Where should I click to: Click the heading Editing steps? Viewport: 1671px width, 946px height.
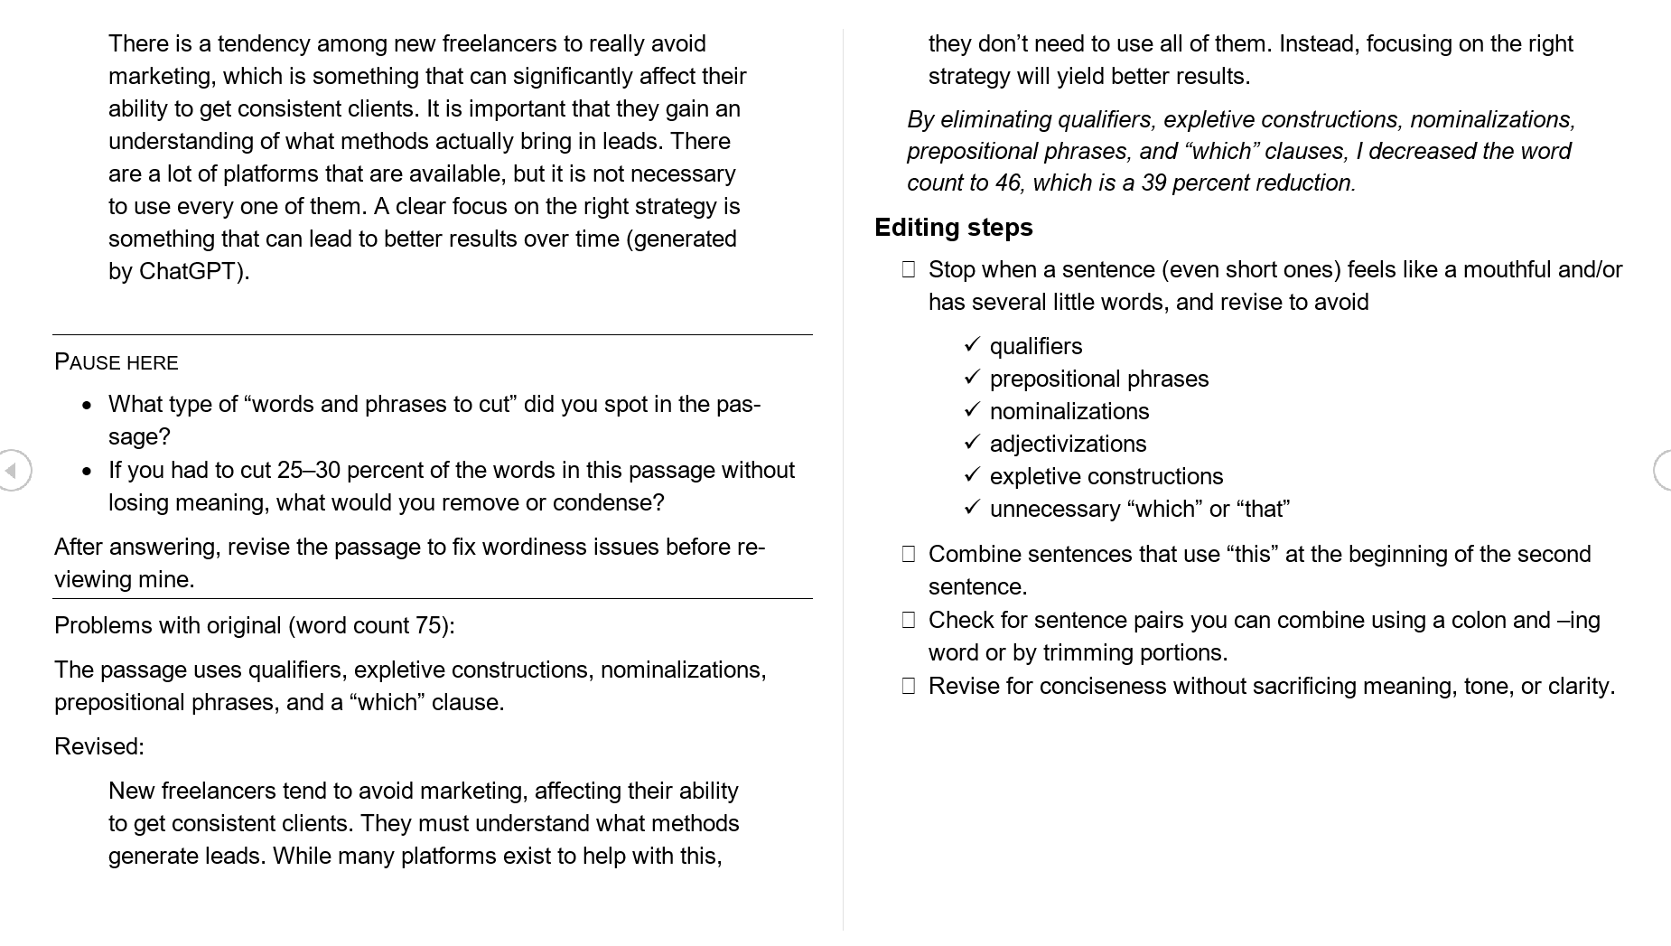953,227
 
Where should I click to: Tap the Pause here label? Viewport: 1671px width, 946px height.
117,362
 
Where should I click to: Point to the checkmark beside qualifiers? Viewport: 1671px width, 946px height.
972,345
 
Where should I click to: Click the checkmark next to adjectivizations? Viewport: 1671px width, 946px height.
972,443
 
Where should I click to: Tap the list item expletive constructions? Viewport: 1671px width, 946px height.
1106,476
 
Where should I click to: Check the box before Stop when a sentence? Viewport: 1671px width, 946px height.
909,269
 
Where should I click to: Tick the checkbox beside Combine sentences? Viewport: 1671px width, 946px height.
909,554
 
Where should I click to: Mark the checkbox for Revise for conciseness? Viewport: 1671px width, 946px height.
909,686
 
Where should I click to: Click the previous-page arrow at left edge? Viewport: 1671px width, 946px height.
13,470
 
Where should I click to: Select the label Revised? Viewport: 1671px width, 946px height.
99,746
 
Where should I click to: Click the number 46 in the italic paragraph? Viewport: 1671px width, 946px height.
1008,183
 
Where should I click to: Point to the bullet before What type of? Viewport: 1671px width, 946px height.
87,406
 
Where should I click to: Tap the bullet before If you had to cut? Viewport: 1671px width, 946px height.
87,472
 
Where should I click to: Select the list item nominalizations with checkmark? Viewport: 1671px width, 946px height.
1069,411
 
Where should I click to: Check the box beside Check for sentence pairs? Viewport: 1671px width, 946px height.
909,620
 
